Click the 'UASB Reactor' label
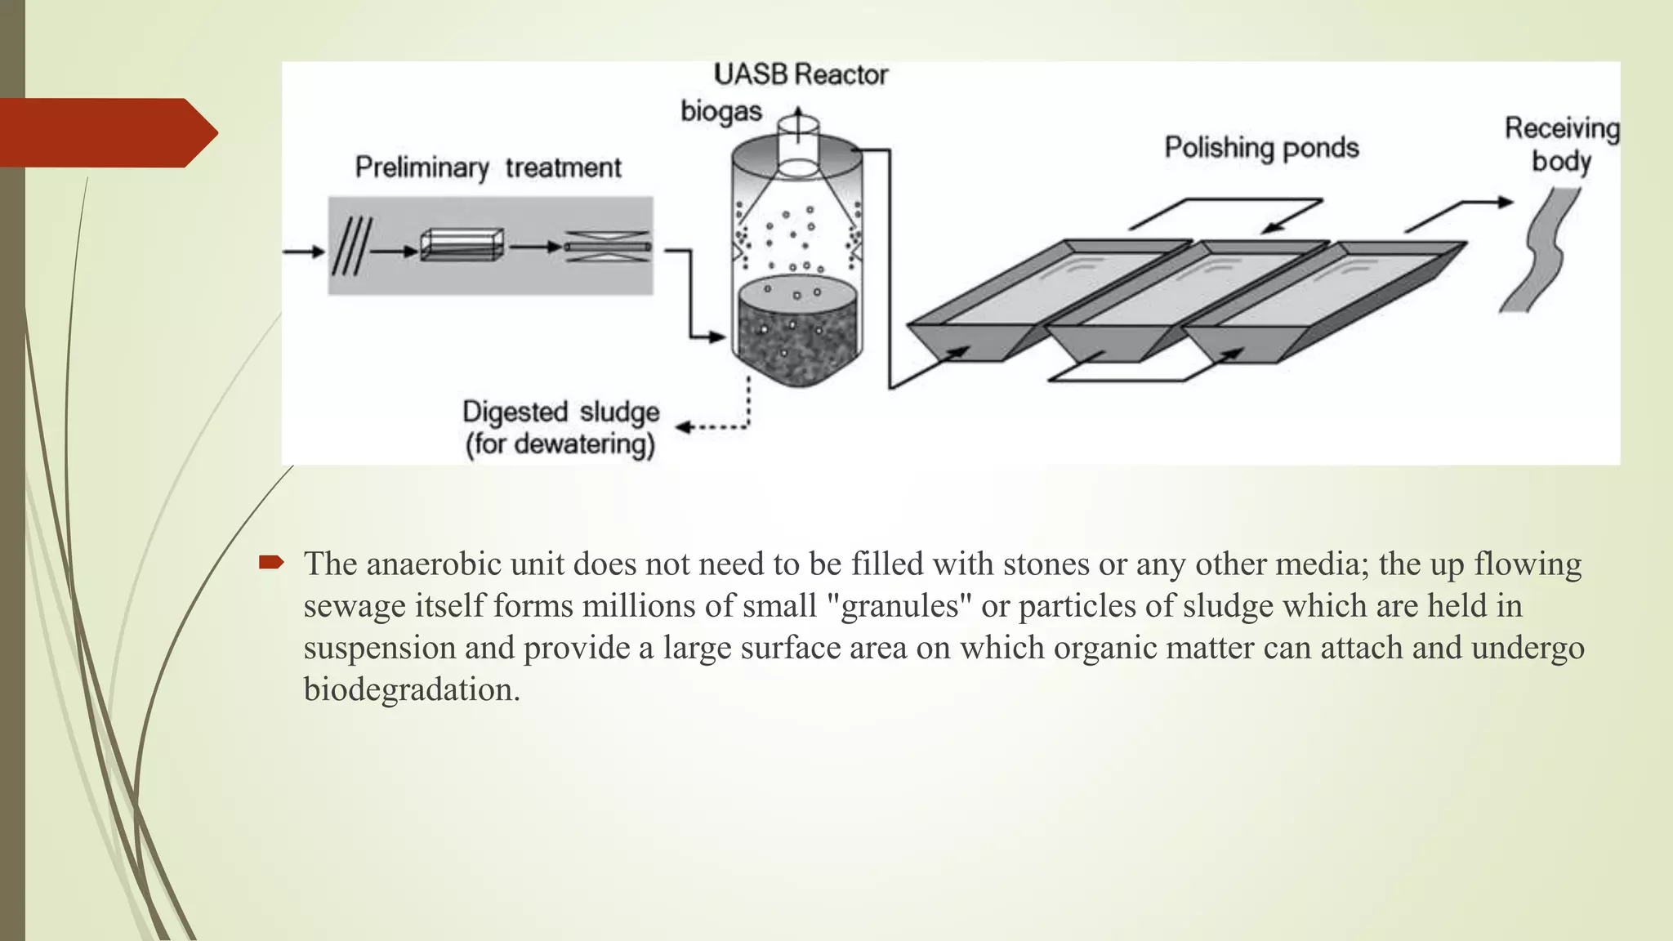coord(801,75)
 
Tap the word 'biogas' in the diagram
coord(721,111)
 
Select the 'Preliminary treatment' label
coord(488,167)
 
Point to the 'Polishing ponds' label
coord(1261,148)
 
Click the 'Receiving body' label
coord(1561,145)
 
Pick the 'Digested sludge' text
coord(560,412)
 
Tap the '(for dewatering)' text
coord(560,444)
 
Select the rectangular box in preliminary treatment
coord(462,245)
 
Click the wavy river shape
coord(1540,249)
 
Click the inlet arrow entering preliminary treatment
coord(304,252)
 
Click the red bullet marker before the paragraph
coord(271,562)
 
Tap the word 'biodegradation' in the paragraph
coord(412,689)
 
